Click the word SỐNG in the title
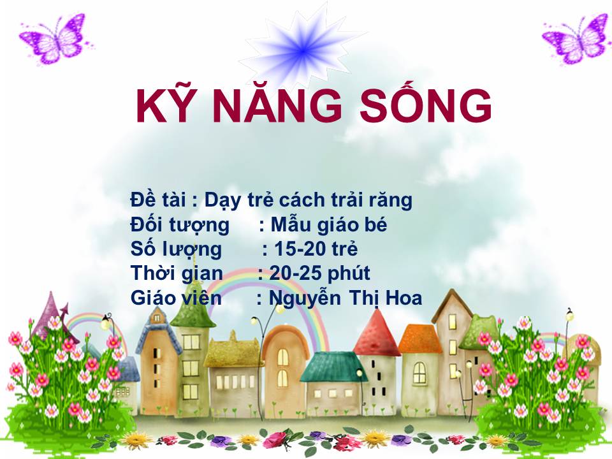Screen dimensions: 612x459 [425, 103]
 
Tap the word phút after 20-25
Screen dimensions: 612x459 [349, 274]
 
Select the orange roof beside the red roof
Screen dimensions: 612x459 [419, 339]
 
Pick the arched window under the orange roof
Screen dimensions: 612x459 [419, 372]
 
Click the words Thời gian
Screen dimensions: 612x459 [177, 274]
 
